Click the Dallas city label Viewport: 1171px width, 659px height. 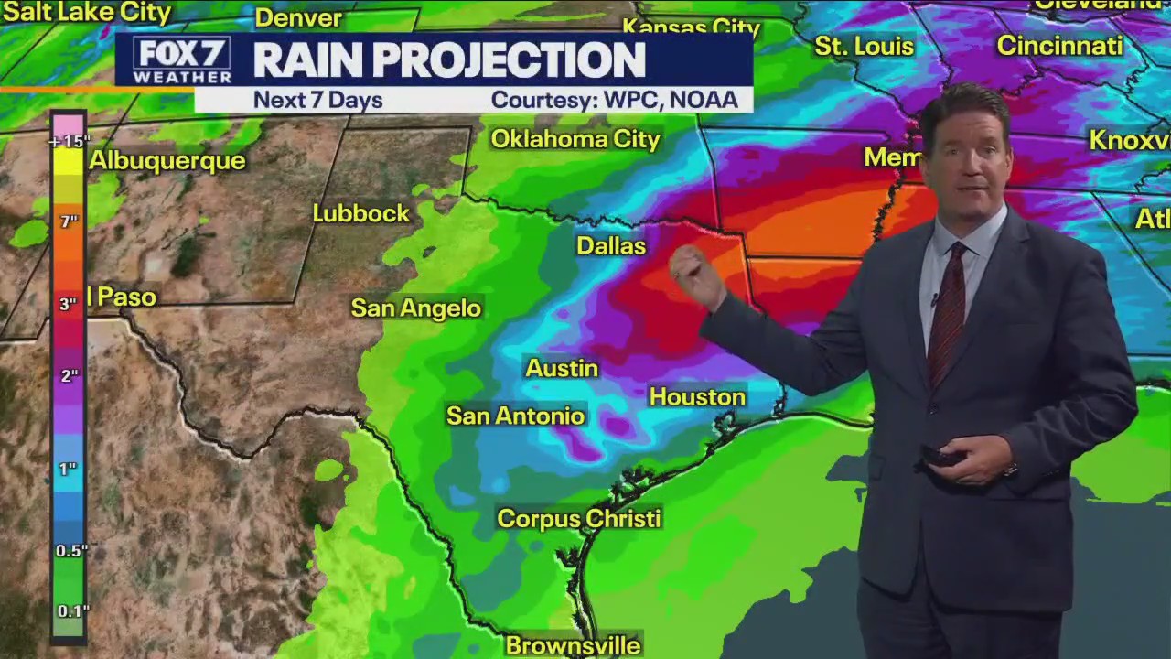[611, 246]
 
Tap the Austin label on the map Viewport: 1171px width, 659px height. [562, 368]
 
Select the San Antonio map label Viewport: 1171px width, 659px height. [515, 416]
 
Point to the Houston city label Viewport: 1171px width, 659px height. [697, 396]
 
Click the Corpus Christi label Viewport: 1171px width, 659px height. [578, 518]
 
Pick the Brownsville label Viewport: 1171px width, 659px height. [573, 645]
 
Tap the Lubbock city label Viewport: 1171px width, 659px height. [361, 213]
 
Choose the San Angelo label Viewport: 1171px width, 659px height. [416, 308]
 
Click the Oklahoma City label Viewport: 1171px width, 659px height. [575, 139]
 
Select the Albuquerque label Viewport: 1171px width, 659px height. [167, 160]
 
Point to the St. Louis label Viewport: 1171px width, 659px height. [864, 46]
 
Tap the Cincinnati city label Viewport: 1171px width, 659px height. [1059, 46]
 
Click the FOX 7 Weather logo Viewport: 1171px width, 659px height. [181, 60]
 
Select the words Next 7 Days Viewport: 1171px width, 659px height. [317, 100]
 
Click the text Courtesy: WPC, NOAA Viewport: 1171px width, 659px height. [614, 100]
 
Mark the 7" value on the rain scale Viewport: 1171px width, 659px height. [69, 221]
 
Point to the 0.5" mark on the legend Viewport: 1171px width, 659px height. [71, 550]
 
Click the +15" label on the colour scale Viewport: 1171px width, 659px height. [70, 141]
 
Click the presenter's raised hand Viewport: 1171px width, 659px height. [695, 275]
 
